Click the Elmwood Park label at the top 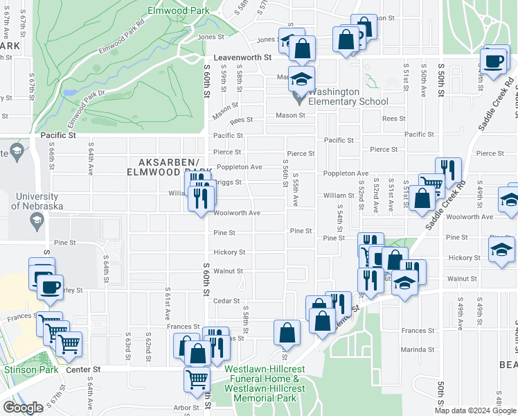(x=179, y=11)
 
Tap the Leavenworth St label (x=242, y=60)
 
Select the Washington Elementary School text (x=348, y=96)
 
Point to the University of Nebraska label (x=37, y=201)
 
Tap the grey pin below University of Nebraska (x=36, y=221)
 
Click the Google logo (x=23, y=408)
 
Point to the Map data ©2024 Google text (x=474, y=410)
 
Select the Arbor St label (x=186, y=408)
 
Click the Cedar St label (x=226, y=301)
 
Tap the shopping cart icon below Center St (x=197, y=379)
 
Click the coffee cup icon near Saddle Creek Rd (x=494, y=60)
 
